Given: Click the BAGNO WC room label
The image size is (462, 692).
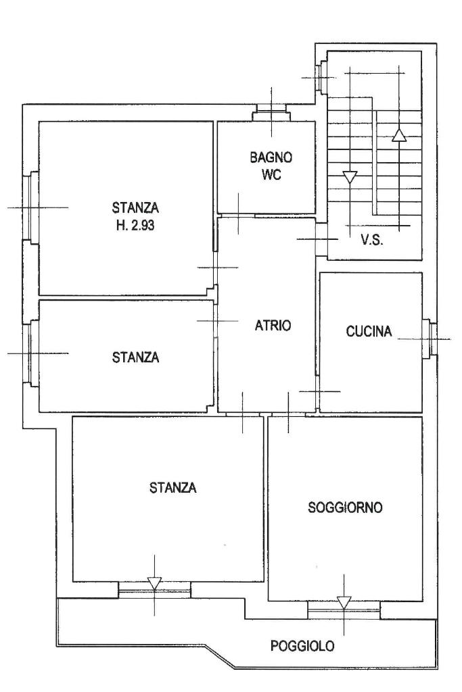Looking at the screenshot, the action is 271,166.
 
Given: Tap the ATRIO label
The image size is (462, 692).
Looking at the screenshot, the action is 273,326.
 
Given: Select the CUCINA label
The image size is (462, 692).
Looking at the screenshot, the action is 369,331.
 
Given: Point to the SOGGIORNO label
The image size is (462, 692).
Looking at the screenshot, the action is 345,508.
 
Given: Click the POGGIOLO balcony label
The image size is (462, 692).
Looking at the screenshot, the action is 302,646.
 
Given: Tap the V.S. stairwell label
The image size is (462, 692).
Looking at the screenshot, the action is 372,241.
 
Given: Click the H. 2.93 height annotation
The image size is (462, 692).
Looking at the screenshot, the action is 135,226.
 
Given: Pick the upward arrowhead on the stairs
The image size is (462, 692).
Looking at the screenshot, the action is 399,135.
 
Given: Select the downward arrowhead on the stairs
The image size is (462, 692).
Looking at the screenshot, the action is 350,178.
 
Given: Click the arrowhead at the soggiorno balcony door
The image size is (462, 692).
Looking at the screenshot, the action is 344,603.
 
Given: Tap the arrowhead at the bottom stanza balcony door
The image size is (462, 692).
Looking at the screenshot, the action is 155,583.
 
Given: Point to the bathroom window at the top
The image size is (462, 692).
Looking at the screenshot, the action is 271,112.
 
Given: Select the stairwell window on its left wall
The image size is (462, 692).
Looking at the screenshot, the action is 321,77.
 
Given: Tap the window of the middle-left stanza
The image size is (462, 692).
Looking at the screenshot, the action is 30,353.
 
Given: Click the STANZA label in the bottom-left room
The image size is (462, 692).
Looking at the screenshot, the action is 172,488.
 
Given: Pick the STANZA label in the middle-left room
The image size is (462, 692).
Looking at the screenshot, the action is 135,357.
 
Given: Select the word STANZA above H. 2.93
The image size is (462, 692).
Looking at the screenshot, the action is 135,207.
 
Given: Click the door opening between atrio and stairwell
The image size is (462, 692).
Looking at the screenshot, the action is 321,239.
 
